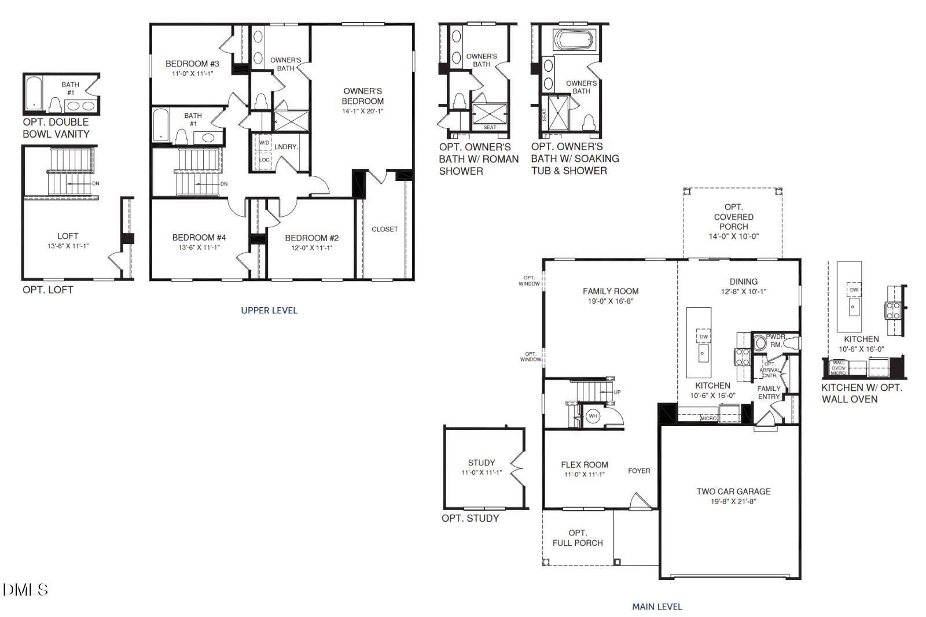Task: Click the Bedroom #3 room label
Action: coord(192,64)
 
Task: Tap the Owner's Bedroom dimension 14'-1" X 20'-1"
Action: coord(362,111)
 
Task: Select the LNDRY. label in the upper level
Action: coord(286,147)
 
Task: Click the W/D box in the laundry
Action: coord(264,142)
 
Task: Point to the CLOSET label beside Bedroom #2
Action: coord(385,229)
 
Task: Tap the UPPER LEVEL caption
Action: coord(269,311)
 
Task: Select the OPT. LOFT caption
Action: coord(47,290)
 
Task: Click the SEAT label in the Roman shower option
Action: coord(490,127)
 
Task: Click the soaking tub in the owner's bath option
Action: coord(573,40)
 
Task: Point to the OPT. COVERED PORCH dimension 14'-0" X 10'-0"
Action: coord(733,237)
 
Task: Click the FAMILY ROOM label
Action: coord(611,291)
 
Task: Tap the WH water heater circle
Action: coord(593,416)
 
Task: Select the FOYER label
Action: coord(639,471)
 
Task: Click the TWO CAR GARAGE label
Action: coord(733,492)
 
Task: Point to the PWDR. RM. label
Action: coord(776,340)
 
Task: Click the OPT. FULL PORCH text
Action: coord(578,538)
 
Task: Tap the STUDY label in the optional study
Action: coord(482,463)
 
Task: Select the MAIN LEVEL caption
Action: coord(657,607)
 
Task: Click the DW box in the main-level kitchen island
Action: coord(703,337)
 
